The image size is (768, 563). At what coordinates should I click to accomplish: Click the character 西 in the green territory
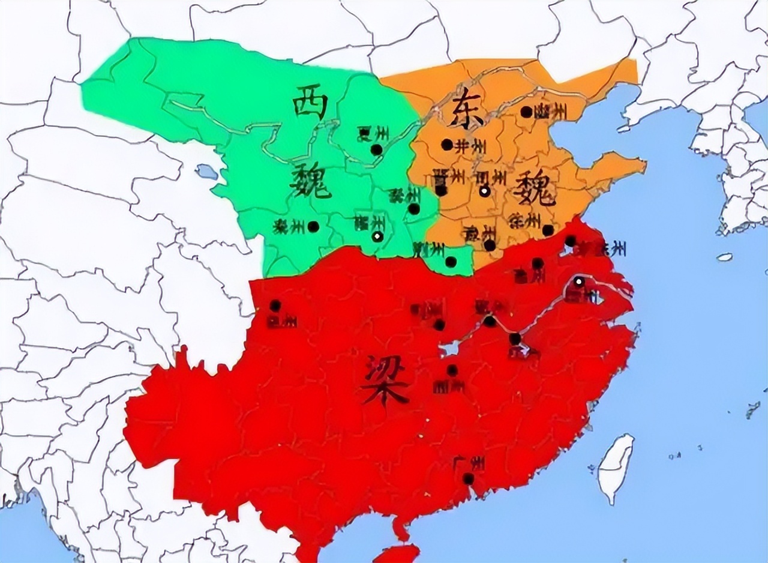click(x=310, y=103)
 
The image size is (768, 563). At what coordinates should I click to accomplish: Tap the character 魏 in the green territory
click(x=310, y=180)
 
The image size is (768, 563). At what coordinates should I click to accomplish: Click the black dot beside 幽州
click(x=526, y=112)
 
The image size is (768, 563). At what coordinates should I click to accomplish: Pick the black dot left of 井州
click(x=447, y=145)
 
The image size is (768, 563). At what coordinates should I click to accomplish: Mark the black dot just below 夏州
click(x=376, y=149)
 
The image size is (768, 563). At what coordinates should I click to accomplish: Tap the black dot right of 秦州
click(x=313, y=226)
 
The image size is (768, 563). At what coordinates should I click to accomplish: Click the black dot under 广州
click(x=468, y=478)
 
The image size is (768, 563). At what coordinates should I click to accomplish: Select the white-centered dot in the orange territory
click(x=484, y=191)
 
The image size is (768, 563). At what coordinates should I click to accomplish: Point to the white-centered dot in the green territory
click(x=377, y=236)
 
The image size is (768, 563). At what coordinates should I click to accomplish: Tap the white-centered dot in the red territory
click(x=578, y=281)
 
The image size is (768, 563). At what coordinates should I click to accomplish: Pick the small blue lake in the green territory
click(x=208, y=172)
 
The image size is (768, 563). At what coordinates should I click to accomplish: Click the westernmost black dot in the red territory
click(x=275, y=306)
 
